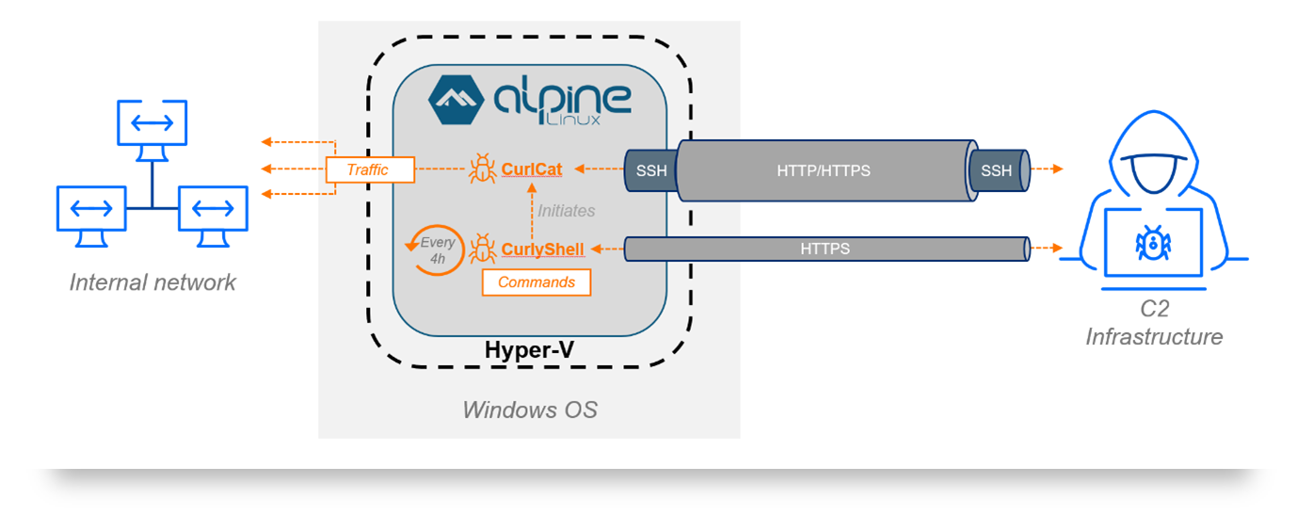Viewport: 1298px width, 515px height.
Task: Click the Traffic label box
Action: pos(370,169)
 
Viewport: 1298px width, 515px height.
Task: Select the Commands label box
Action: pos(537,282)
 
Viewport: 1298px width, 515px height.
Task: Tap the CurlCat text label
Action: pos(532,169)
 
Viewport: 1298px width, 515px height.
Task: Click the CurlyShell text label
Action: pos(543,249)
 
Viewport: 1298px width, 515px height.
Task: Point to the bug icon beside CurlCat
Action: pos(483,169)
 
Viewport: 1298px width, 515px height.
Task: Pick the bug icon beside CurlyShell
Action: pos(483,249)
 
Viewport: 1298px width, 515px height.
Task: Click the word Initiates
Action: pos(567,211)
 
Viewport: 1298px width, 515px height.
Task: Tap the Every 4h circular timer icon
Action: pos(434,249)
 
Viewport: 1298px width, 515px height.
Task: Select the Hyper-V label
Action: pos(529,350)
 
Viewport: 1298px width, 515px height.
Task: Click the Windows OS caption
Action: pos(529,410)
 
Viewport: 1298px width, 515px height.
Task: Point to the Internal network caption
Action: pos(152,282)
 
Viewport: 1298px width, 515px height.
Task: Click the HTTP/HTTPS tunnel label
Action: pos(823,170)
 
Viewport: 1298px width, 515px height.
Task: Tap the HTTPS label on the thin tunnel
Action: pos(825,249)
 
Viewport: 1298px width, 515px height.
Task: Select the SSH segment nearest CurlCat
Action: pos(650,170)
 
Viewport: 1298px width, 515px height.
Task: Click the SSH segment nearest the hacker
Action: pos(997,170)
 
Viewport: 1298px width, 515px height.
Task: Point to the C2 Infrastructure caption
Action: pos(1154,323)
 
